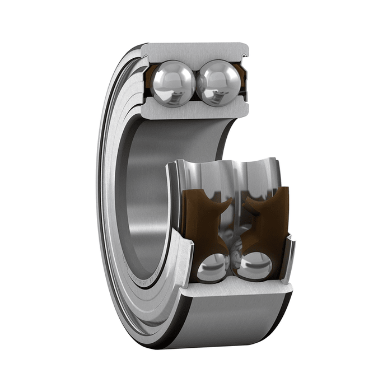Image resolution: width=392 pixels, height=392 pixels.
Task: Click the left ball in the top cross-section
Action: click(x=174, y=83)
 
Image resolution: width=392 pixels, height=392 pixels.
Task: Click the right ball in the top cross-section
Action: click(x=218, y=83)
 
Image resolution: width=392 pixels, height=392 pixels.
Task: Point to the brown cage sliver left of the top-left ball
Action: click(x=150, y=78)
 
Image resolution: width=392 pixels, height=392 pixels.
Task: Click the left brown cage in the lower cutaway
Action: click(x=204, y=224)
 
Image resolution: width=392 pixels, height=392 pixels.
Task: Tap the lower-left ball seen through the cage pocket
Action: click(x=211, y=267)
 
